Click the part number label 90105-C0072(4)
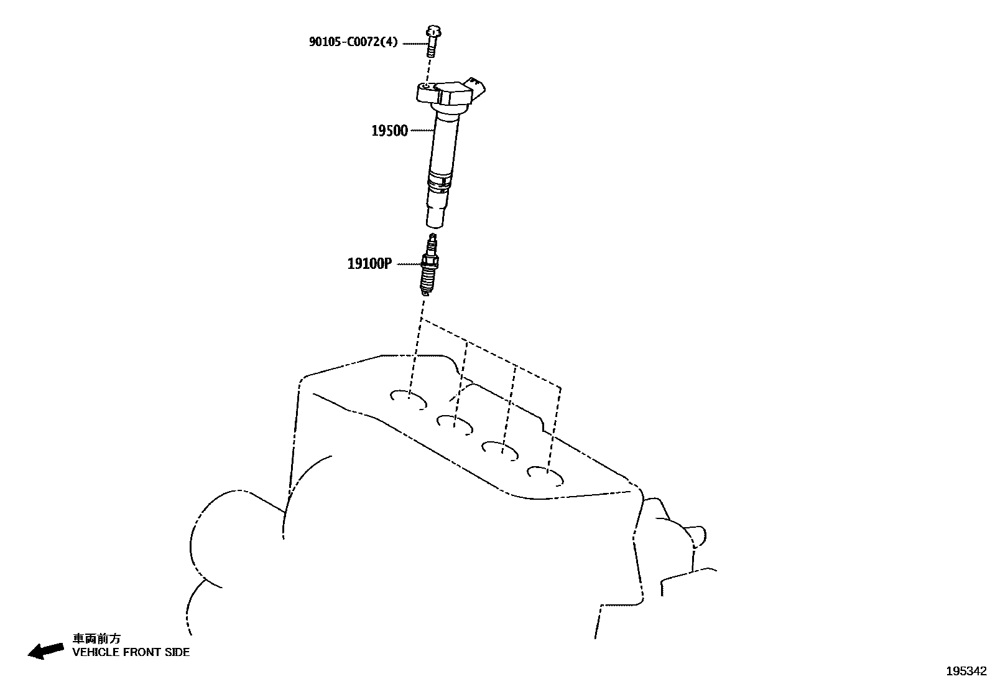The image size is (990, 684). click(x=353, y=42)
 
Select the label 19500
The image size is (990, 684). click(x=389, y=131)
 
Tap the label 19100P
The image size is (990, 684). click(x=369, y=264)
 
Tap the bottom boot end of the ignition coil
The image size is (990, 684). click(x=435, y=217)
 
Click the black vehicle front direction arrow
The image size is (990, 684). click(x=45, y=650)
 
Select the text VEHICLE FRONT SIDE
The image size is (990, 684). click(x=131, y=652)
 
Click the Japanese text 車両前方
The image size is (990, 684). click(x=96, y=639)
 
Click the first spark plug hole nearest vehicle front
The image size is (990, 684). click(x=409, y=399)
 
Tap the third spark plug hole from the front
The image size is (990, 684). click(x=502, y=449)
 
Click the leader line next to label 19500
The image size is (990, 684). click(x=422, y=131)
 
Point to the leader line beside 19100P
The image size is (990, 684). click(x=408, y=264)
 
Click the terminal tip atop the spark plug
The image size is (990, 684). click(x=433, y=238)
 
